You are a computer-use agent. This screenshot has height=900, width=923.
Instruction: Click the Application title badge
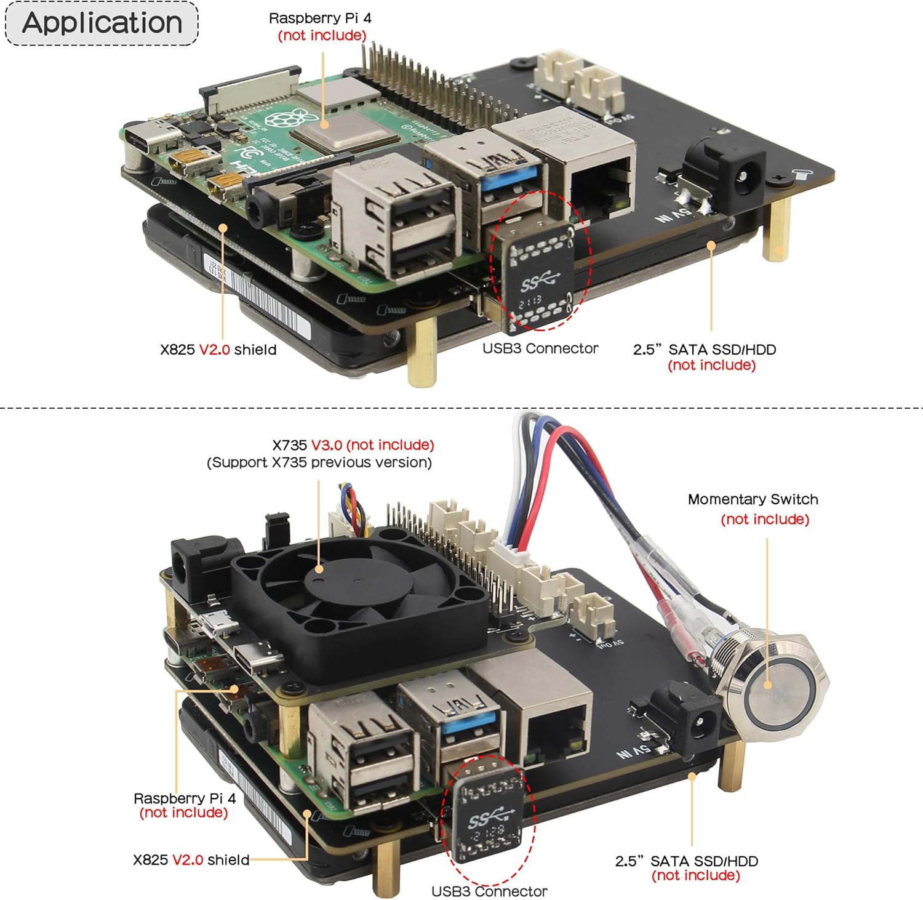[102, 23]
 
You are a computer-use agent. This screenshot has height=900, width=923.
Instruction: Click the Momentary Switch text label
[753, 499]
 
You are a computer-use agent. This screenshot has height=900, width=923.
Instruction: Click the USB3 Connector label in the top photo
[540, 348]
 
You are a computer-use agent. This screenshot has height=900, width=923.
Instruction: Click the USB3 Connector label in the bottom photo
[489, 891]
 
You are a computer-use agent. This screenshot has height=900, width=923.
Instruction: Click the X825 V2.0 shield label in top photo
[218, 350]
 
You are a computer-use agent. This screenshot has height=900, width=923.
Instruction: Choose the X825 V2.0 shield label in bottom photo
[191, 859]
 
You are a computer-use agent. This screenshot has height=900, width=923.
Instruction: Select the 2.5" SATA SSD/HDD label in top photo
[704, 350]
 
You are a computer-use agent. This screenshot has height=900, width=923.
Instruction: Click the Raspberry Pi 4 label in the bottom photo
[184, 798]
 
